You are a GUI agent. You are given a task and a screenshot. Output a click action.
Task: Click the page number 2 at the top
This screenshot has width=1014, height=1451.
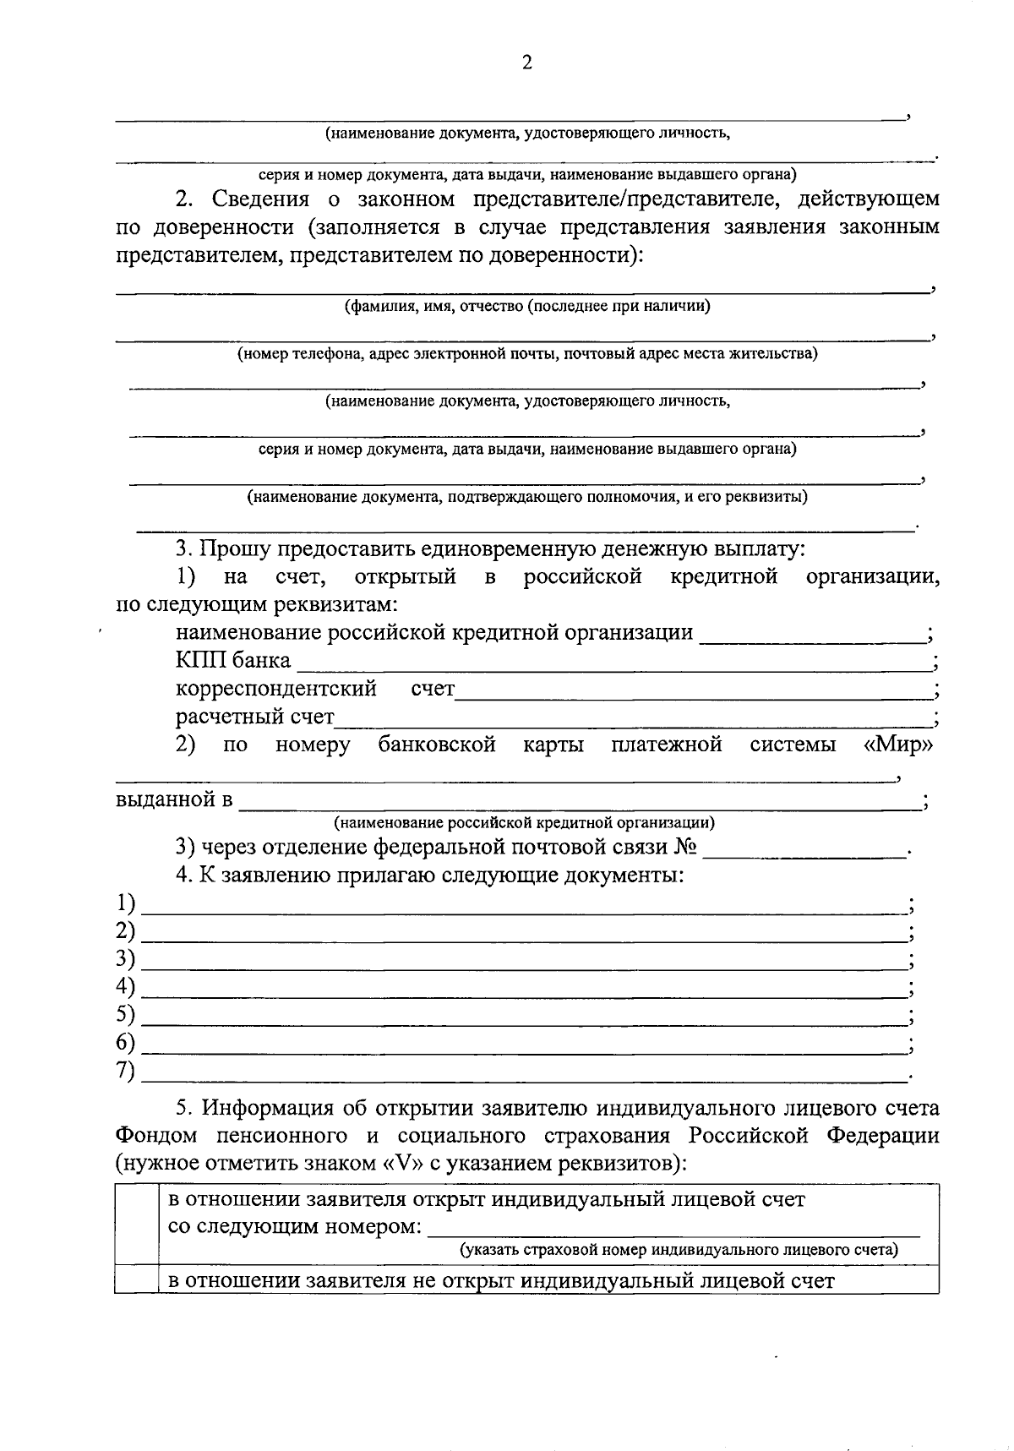click(526, 63)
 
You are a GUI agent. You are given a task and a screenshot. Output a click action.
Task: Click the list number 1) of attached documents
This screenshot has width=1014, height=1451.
click(126, 904)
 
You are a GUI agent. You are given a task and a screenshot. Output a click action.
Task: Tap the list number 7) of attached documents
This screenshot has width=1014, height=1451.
click(126, 1071)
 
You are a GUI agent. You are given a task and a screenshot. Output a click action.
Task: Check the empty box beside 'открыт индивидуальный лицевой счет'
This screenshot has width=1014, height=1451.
click(137, 1225)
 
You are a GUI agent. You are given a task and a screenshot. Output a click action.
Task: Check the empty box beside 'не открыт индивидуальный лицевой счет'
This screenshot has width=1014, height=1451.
click(137, 1280)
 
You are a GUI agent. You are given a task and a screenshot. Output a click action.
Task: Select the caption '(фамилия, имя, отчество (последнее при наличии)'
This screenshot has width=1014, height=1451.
click(526, 306)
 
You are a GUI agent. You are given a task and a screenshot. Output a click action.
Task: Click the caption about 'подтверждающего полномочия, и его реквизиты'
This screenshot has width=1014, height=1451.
click(526, 497)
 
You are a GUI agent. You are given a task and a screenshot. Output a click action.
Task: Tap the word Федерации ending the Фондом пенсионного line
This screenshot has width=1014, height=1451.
click(883, 1136)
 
